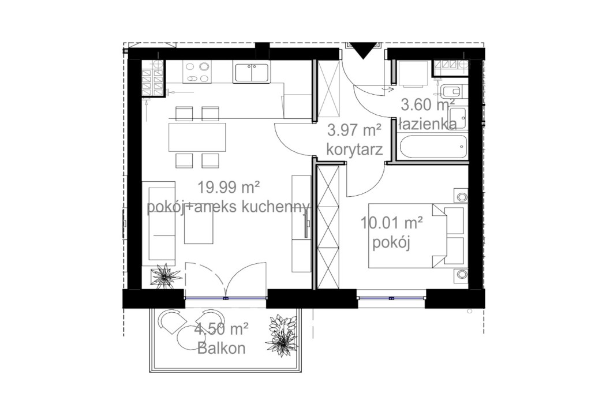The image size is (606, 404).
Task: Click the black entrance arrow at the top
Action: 363,50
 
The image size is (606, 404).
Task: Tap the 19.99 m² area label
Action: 228,188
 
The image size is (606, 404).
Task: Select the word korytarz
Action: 354,149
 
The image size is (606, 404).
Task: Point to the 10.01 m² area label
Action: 391,223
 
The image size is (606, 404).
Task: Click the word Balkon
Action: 222,349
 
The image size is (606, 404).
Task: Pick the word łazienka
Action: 428,125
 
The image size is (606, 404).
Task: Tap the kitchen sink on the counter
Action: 251,73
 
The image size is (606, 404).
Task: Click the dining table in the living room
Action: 197,137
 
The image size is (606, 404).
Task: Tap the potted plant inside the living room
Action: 165,276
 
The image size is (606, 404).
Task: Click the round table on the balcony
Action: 192,338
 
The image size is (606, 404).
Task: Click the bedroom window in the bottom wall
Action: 391,298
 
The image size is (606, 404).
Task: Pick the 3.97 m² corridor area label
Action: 354,130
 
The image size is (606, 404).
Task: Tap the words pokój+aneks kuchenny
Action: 229,207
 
